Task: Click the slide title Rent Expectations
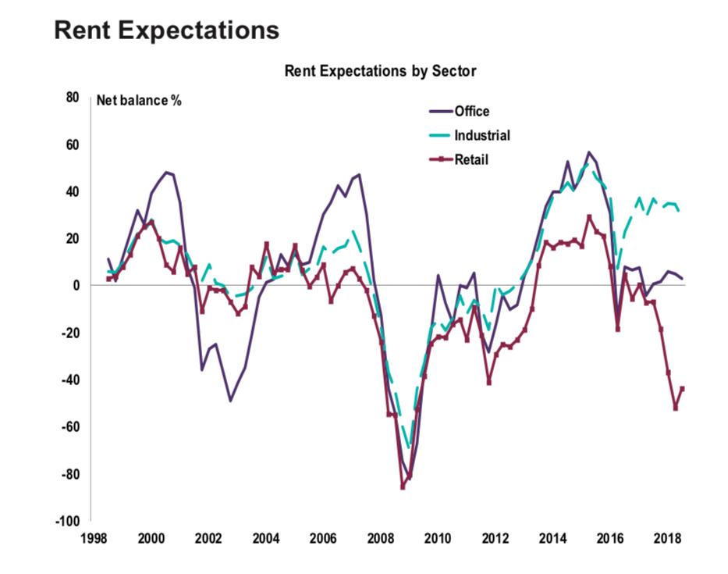tap(165, 30)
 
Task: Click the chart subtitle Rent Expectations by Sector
tap(380, 71)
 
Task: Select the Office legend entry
tap(472, 111)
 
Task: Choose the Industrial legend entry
tap(482, 135)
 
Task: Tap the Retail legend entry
tap(471, 159)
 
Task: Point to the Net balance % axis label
tap(139, 100)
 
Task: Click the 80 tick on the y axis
tap(73, 98)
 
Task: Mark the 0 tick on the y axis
tap(76, 286)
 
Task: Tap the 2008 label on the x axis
tap(380, 539)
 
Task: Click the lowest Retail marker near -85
tap(403, 487)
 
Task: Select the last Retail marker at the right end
tap(683, 388)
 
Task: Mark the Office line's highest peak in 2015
tap(589, 152)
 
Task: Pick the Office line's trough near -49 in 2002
tap(231, 401)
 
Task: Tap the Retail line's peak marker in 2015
tap(589, 217)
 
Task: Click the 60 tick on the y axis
tap(73, 144)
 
